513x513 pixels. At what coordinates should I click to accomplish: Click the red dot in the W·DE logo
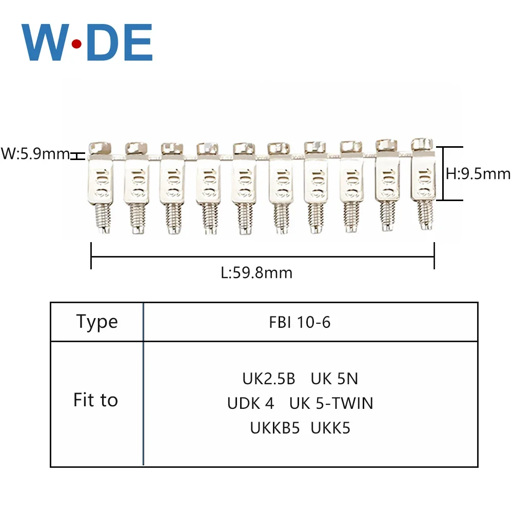76,45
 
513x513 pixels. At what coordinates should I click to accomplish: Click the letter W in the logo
44,43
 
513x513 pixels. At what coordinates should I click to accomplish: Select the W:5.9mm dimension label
35,153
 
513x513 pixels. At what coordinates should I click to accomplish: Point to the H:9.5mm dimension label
478,174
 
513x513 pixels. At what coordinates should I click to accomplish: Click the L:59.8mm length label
256,272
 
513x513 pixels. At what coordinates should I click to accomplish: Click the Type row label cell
97,322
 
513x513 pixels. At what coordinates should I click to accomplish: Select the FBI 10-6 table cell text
300,322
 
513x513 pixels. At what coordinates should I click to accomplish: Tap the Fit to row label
96,400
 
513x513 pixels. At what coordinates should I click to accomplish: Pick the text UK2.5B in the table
269,379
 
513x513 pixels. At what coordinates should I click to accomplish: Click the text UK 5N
334,379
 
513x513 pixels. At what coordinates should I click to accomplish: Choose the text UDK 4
251,403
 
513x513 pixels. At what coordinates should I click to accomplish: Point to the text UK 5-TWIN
331,403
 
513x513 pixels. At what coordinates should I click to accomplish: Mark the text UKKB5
274,428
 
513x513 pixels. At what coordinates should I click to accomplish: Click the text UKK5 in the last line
330,428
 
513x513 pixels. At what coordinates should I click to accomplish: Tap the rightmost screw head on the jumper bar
421,143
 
